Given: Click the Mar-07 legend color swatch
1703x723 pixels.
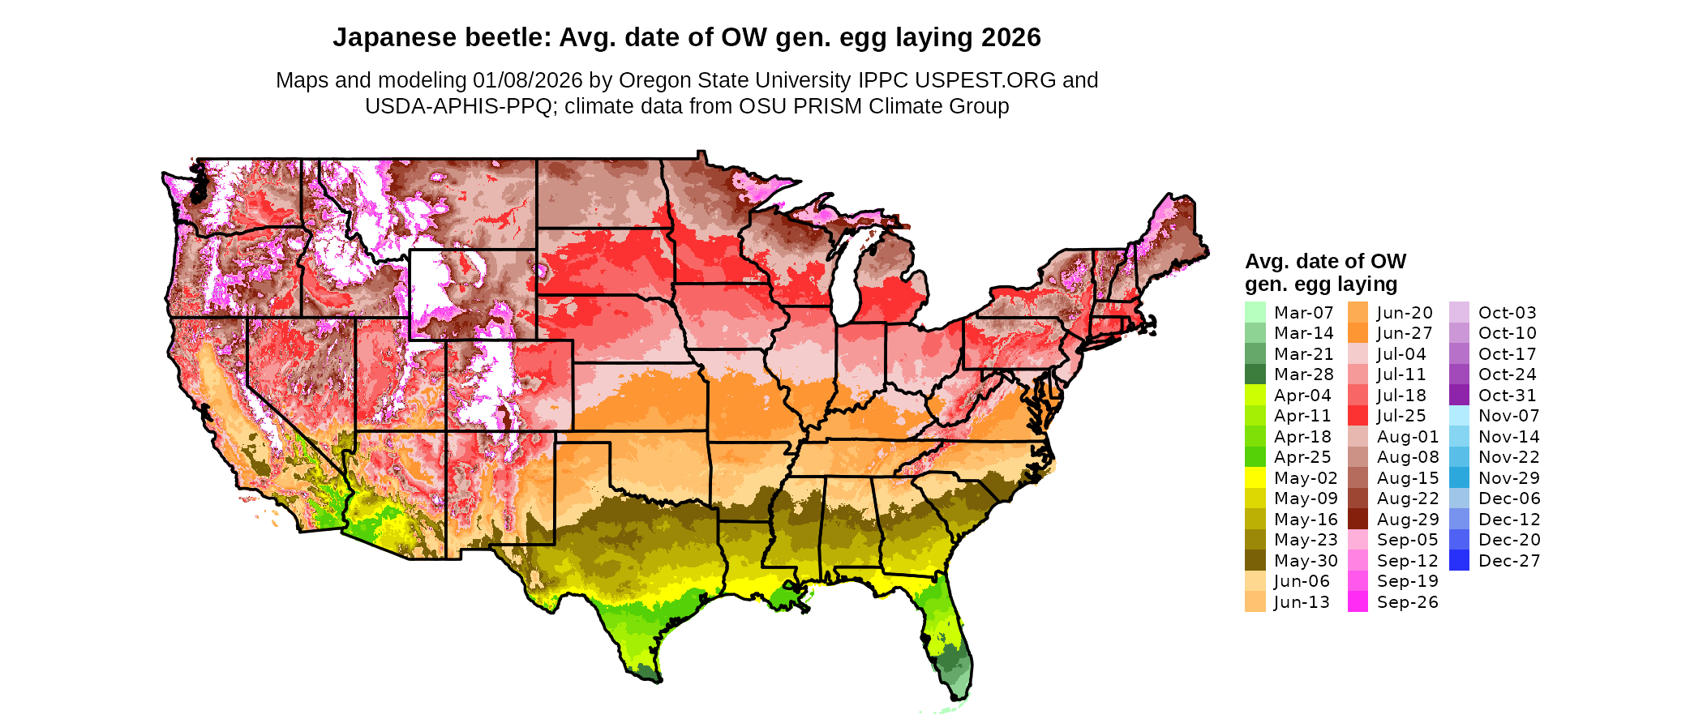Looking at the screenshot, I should (1255, 312).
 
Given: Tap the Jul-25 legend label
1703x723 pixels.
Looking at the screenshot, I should (1401, 416).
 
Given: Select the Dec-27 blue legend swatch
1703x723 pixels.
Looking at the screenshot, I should (1459, 560).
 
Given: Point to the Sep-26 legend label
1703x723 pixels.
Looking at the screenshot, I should (1407, 602).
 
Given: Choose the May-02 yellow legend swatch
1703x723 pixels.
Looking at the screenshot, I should (1255, 478).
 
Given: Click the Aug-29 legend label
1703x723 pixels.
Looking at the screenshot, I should (1408, 520).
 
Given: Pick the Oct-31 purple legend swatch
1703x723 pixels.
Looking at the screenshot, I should (1459, 395).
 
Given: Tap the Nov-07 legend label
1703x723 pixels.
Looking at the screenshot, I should (1508, 416).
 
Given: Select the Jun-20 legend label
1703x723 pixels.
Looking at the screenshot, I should (1405, 313).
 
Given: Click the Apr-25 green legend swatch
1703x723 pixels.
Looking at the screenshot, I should (1255, 457).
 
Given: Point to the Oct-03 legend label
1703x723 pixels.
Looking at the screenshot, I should (1507, 313).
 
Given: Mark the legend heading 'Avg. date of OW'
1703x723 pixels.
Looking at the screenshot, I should (1325, 262).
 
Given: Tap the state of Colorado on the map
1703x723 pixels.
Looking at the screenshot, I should (508, 384).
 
